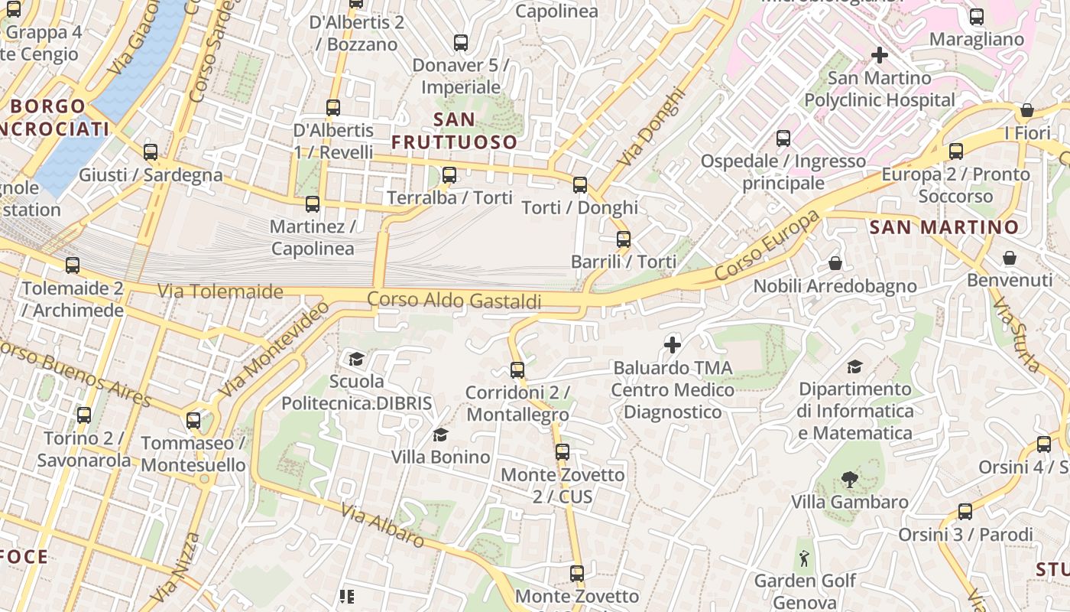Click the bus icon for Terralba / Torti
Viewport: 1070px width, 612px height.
[x=449, y=175]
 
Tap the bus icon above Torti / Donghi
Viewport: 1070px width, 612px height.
[x=580, y=184]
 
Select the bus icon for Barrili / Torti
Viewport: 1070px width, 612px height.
[x=624, y=239]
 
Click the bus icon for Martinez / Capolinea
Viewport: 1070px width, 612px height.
[x=313, y=204]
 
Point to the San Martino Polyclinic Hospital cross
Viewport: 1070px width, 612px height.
[x=880, y=55]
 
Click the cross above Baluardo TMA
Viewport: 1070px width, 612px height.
[x=673, y=345]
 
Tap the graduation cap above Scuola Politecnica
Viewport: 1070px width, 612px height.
[x=356, y=359]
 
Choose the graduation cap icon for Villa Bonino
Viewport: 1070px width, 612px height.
[x=440, y=435]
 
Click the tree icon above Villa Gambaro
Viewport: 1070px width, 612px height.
[x=849, y=480]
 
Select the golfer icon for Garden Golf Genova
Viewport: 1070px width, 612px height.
[x=804, y=558]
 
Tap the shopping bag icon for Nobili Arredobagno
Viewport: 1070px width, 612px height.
[x=835, y=263]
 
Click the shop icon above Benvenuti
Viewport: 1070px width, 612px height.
[x=1010, y=258]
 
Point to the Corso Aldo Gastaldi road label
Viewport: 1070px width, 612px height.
[x=454, y=300]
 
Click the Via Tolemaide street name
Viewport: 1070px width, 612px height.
[x=220, y=291]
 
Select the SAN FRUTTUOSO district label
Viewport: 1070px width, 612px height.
[x=454, y=131]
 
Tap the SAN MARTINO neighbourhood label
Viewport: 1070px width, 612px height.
[x=945, y=227]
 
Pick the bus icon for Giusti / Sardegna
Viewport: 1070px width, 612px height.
[x=151, y=151]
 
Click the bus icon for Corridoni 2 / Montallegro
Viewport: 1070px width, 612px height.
[x=517, y=370]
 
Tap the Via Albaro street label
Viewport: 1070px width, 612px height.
[x=382, y=526]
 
